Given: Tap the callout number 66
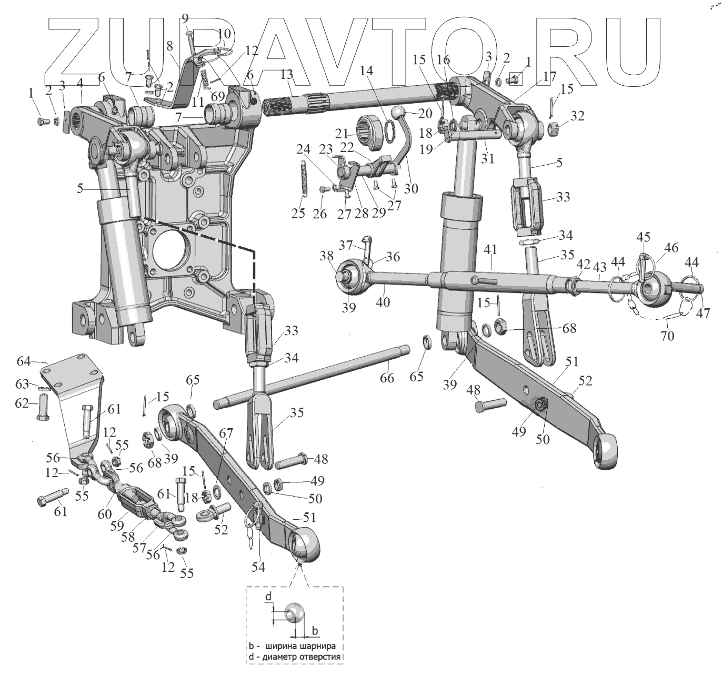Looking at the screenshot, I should click(387, 378).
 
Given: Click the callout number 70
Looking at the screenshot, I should click(667, 335).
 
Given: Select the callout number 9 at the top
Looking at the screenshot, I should click(185, 19).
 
